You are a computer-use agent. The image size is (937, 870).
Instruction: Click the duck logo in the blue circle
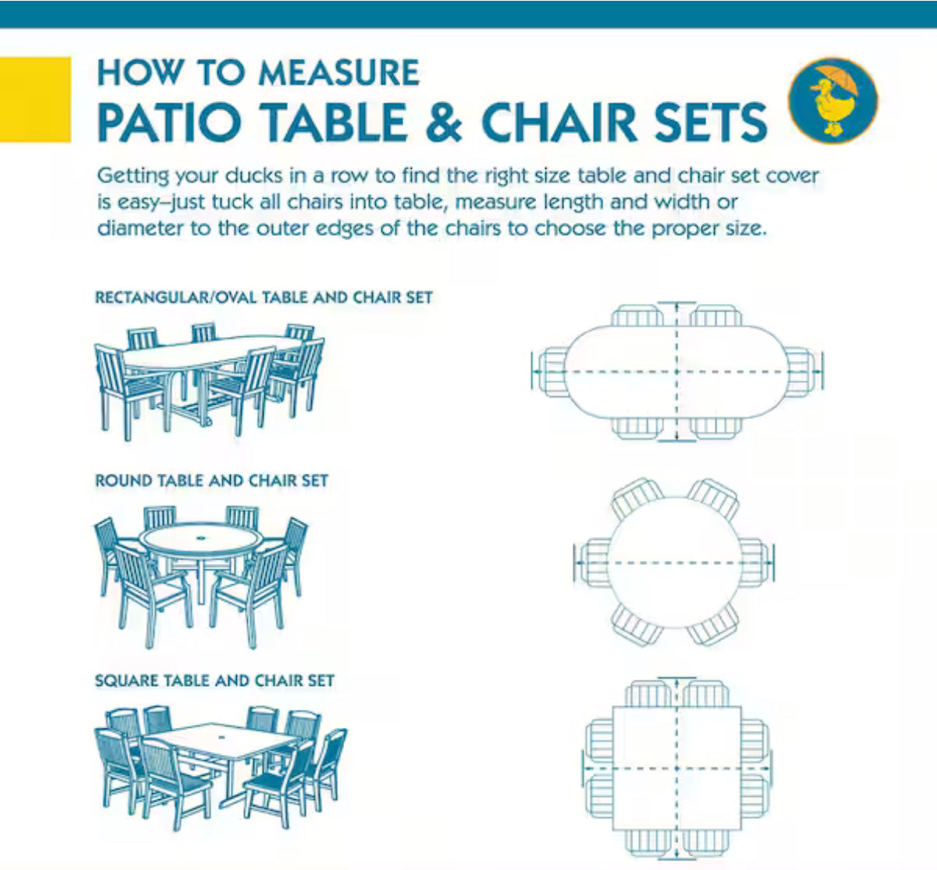coord(833,100)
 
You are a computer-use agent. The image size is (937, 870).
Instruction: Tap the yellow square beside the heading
coord(36,99)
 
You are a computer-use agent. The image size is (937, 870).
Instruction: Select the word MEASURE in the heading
coord(339,73)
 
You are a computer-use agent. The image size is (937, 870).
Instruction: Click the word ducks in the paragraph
coord(254,176)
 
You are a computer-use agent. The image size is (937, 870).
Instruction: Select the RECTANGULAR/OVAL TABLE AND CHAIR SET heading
coord(263,298)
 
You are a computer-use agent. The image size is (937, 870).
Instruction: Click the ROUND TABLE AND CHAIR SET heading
coord(211,481)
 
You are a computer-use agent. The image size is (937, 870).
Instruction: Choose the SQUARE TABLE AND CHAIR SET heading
coord(214,680)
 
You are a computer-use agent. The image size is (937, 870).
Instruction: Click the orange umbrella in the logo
coord(841,78)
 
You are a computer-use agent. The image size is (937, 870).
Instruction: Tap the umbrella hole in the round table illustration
coord(202,538)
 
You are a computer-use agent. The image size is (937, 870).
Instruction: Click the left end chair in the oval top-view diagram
coord(552,372)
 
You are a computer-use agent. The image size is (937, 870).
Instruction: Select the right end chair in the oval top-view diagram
coord(801,372)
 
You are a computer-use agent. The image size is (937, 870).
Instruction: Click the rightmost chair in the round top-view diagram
coord(754,563)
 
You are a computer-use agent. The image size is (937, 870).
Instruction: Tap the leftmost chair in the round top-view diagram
coord(594,563)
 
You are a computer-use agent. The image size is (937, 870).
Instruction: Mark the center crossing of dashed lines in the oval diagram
coord(677,372)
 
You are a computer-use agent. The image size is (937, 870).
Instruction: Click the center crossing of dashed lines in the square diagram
coord(677,768)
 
